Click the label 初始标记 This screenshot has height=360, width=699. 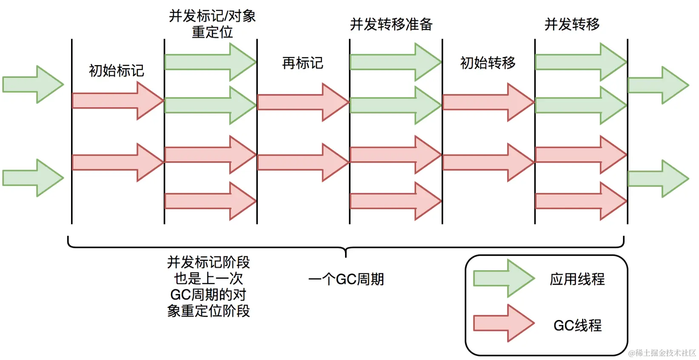tap(116, 71)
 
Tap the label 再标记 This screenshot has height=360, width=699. tap(302, 63)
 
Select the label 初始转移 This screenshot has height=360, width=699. tap(488, 63)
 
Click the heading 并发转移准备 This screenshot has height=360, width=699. tap(391, 24)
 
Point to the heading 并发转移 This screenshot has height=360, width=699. tap(572, 24)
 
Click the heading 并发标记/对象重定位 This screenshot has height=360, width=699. tap(212, 24)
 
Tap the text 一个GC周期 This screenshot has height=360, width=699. tap(346, 280)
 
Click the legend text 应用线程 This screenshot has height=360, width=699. tap(577, 279)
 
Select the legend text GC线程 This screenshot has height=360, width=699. tap(577, 326)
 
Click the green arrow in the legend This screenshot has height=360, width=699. tap(504, 279)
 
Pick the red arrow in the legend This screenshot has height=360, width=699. tap(504, 323)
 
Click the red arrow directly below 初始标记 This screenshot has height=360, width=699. tap(117, 101)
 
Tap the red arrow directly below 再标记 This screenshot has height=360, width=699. tap(303, 102)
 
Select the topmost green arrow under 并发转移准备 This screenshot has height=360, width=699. tap(395, 62)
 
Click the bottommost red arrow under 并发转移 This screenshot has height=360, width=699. tap(580, 201)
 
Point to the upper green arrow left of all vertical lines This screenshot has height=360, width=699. tap(33, 84)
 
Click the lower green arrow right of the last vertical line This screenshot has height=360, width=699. tap(658, 179)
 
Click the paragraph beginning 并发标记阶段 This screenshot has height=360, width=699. tap(208, 286)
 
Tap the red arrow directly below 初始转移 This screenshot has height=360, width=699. tap(488, 102)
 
